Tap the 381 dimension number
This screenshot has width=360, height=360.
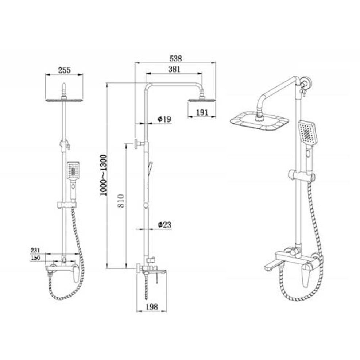point(174,70)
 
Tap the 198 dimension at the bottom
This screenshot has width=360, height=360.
point(151,307)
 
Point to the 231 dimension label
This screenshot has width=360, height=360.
point(35,251)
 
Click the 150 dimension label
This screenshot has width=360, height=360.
point(35,258)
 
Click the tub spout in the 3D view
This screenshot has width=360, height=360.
point(272,265)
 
